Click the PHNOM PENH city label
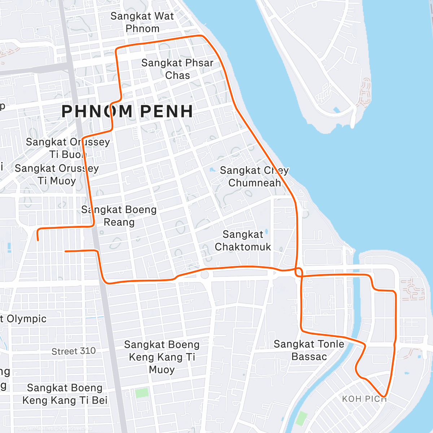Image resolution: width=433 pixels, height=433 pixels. (x=127, y=111)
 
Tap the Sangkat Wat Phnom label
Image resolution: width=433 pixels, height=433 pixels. (x=142, y=22)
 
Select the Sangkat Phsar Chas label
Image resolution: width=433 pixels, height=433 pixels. (x=177, y=69)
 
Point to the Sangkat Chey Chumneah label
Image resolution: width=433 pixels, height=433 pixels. (x=254, y=176)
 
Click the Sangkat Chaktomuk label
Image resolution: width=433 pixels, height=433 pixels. (x=243, y=241)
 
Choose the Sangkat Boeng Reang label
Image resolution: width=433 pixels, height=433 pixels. (x=119, y=216)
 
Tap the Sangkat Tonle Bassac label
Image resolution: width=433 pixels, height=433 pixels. (x=309, y=350)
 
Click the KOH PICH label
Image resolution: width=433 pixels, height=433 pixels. (x=364, y=399)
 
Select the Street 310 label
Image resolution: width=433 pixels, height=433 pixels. (x=74, y=351)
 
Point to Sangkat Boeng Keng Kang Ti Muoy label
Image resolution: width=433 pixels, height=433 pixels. (x=162, y=357)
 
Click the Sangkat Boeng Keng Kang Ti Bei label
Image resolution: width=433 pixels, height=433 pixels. (x=65, y=394)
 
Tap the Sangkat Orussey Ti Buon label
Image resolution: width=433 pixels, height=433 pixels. (x=67, y=148)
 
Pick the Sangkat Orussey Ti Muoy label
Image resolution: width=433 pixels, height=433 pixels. (x=57, y=174)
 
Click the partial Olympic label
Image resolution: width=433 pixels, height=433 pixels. (x=24, y=319)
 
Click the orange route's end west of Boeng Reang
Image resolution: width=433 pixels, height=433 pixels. (x=38, y=240)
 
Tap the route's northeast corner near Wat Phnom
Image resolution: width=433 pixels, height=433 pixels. (x=201, y=36)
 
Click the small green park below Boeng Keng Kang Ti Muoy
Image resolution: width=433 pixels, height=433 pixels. (x=141, y=393)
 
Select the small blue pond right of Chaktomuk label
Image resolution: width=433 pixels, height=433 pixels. (x=266, y=231)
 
